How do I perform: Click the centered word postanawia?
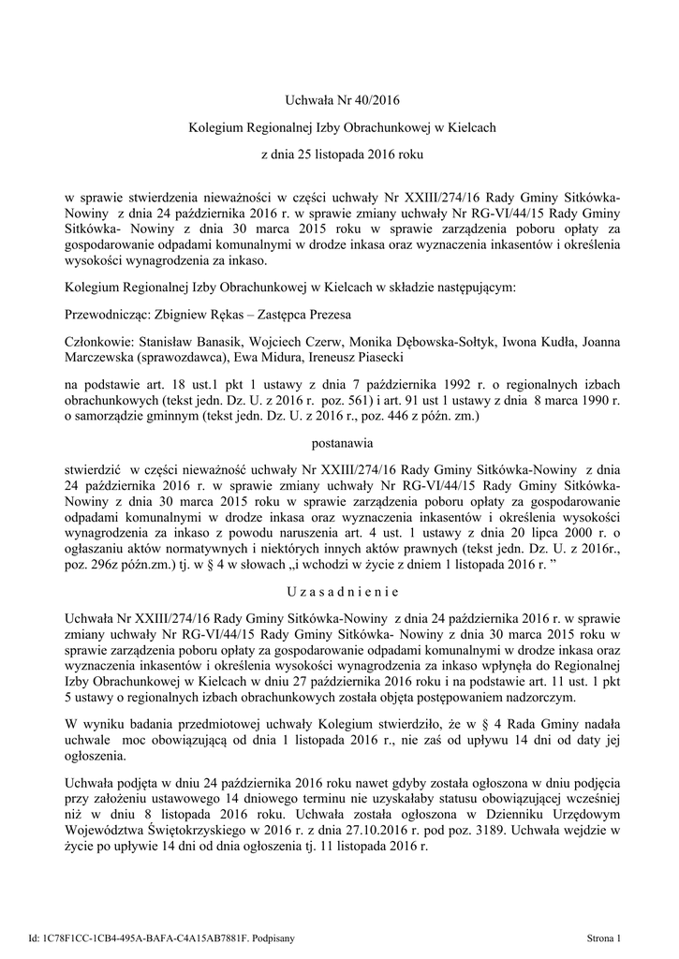339,437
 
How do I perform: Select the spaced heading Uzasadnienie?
339,592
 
